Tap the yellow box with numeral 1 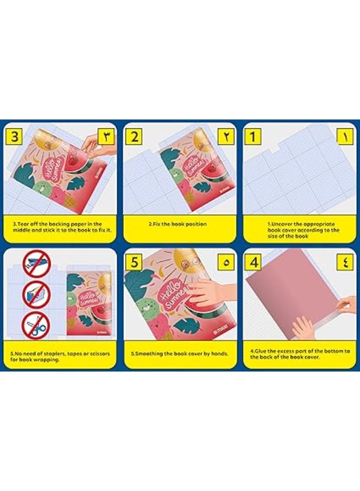point(252,136)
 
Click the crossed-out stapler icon point(36,265)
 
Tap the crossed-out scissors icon point(36,326)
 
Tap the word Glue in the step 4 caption point(261,350)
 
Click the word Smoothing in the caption point(150,354)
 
